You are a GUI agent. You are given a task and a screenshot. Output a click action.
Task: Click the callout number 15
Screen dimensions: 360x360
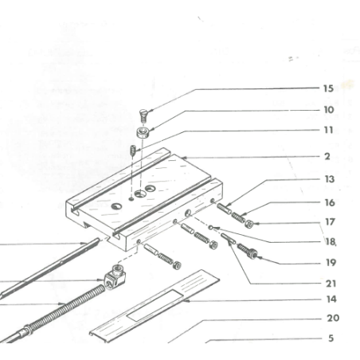(328, 88)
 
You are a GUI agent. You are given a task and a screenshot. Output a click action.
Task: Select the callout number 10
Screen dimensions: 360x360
(328, 110)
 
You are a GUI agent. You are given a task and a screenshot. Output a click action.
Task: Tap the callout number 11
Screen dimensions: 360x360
(328, 130)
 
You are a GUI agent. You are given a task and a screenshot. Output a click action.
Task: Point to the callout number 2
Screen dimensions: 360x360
(327, 157)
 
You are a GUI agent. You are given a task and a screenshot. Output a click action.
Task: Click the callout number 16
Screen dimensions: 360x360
(329, 202)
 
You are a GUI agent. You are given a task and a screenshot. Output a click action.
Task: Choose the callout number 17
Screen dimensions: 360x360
(329, 222)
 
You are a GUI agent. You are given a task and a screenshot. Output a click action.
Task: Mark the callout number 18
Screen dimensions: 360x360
(329, 241)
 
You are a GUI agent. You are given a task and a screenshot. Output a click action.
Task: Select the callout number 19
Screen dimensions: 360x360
(329, 261)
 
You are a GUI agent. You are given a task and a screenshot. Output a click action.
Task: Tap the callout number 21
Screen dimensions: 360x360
(329, 282)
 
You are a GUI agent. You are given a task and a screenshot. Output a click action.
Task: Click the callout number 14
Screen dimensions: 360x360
(329, 299)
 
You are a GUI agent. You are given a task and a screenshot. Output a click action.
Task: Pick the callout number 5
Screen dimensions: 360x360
(331, 338)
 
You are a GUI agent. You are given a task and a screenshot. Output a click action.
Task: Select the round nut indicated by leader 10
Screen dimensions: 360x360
(142, 132)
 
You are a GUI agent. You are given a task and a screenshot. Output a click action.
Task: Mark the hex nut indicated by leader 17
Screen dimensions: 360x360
(248, 221)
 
